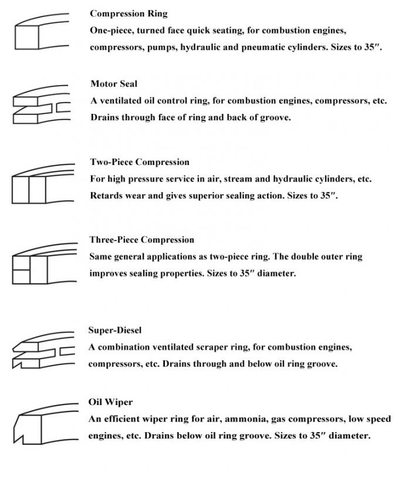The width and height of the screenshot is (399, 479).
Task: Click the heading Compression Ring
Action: [x=128, y=13]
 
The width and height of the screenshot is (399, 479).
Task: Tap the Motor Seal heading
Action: [x=114, y=84]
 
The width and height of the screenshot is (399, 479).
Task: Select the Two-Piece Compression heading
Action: [x=140, y=162]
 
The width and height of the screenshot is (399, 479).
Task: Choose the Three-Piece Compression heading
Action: [x=141, y=239]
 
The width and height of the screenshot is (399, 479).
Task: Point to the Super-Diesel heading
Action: [x=115, y=330]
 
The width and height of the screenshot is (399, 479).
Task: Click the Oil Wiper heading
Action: [x=110, y=402]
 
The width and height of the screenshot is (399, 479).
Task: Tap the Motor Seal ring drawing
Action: [x=41, y=106]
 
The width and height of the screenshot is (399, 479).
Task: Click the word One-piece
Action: [x=111, y=30]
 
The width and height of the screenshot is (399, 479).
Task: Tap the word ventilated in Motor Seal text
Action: [x=124, y=100]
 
